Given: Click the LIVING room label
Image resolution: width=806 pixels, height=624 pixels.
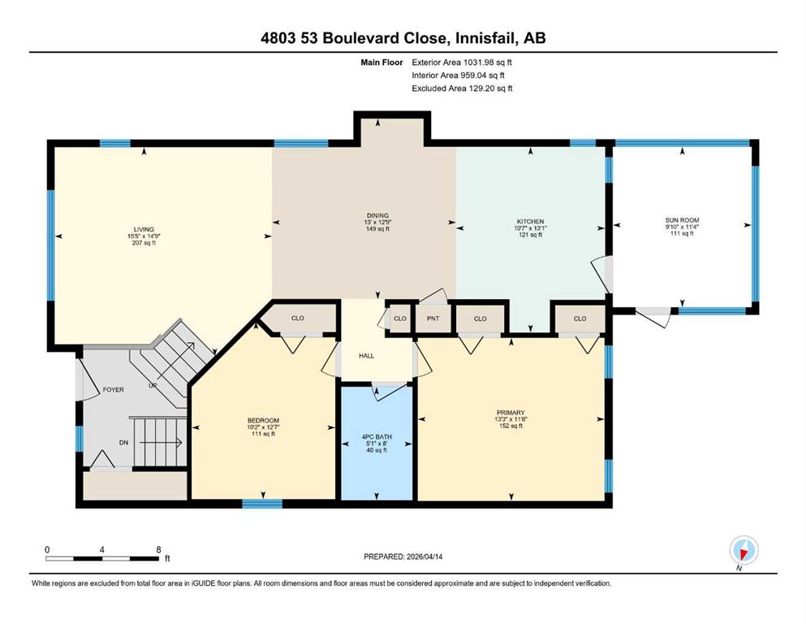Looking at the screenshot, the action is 144,229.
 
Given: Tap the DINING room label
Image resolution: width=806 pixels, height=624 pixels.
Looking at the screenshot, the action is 377,215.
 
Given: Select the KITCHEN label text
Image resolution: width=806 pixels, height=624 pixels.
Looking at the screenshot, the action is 531,222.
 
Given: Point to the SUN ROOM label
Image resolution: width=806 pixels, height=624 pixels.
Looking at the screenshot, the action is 682,220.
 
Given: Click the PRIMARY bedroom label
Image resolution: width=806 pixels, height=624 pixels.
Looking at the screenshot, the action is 511,413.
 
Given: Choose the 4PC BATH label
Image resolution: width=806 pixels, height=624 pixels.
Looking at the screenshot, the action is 377,437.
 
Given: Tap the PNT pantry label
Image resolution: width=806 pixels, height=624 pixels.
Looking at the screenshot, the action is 433,318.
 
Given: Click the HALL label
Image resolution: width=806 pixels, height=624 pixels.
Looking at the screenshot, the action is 367,356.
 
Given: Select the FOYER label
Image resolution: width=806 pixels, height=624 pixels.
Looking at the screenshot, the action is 114,389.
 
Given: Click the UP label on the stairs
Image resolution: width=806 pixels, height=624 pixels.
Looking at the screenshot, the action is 153,385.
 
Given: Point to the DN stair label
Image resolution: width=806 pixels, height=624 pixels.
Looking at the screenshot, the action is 124,443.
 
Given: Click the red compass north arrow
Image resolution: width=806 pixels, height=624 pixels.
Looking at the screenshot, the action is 743,554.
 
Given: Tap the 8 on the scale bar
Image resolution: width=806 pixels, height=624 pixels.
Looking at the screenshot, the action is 158,549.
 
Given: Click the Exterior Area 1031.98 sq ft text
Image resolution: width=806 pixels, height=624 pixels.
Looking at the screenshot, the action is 462,63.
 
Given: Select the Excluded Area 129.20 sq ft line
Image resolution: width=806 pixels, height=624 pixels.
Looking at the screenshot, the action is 462,88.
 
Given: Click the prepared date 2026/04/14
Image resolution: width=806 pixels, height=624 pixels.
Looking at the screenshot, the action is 425,557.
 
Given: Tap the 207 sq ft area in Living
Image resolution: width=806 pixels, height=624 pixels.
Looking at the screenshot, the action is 144,243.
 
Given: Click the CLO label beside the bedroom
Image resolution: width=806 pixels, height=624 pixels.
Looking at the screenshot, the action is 298,318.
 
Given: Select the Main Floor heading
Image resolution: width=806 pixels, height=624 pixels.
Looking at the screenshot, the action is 382,63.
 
